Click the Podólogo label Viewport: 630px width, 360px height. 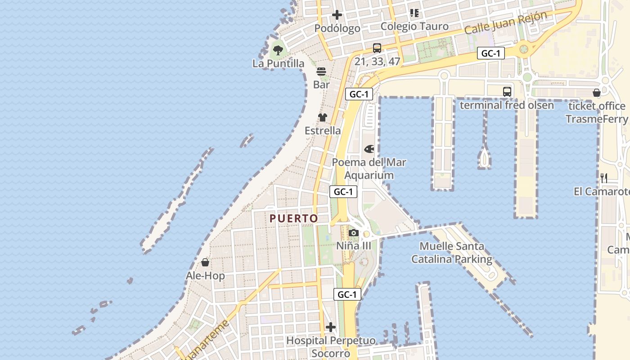pyautogui.click(x=337, y=28)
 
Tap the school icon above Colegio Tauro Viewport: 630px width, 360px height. pyautogui.click(x=414, y=13)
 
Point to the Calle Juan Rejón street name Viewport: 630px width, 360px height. pyautogui.click(x=505, y=23)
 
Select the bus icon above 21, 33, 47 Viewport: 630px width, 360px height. pyautogui.click(x=377, y=48)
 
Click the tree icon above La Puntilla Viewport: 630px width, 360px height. pyautogui.click(x=278, y=50)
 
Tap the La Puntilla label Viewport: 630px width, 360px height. pyautogui.click(x=278, y=63)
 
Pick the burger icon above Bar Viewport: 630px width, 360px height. pyautogui.click(x=321, y=72)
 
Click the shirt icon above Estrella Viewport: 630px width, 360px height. pyautogui.click(x=323, y=117)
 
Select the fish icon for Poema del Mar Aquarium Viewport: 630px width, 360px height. pyautogui.click(x=369, y=148)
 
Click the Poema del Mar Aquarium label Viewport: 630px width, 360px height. pyautogui.click(x=369, y=169)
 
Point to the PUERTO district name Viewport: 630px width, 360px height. pyautogui.click(x=294, y=219)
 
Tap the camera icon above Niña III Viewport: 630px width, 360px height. pyautogui.click(x=354, y=233)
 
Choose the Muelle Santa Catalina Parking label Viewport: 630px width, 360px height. pyautogui.click(x=452, y=253)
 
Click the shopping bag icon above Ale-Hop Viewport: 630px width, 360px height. pyautogui.click(x=205, y=262)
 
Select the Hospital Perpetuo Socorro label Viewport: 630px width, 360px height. pyautogui.click(x=331, y=347)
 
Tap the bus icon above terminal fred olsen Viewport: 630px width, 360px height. pyautogui.click(x=507, y=91)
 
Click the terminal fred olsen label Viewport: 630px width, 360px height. pyautogui.click(x=507, y=105)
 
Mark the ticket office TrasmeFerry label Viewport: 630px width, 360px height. pyautogui.click(x=597, y=112)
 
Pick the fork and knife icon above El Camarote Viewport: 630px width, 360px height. pyautogui.click(x=604, y=178)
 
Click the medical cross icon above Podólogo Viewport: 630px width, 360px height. pyautogui.click(x=337, y=15)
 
